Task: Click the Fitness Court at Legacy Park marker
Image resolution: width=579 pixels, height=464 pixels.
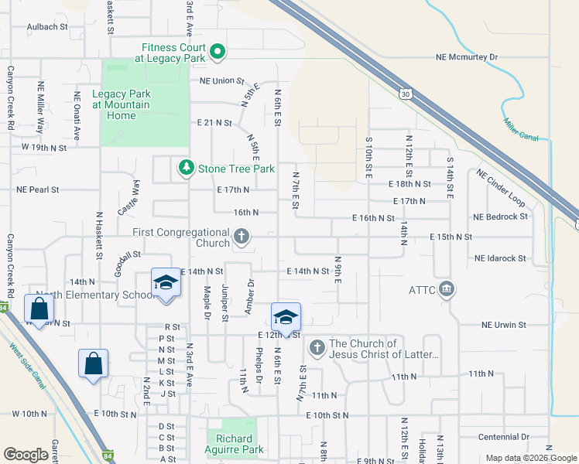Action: click(218, 53)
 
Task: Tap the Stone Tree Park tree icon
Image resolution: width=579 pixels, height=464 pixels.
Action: click(186, 168)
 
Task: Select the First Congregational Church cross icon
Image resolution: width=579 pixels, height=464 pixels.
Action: click(242, 237)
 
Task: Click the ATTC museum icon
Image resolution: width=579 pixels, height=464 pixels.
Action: click(446, 290)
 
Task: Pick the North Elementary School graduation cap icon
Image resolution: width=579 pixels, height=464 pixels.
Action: click(166, 283)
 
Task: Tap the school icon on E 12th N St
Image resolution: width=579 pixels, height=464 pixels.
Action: click(285, 317)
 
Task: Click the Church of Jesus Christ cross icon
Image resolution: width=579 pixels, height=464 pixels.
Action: click(317, 349)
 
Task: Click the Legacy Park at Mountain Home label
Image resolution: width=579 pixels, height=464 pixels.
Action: click(121, 105)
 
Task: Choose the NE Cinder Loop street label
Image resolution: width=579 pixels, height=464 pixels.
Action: click(500, 188)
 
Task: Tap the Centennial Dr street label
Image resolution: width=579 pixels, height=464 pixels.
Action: click(503, 437)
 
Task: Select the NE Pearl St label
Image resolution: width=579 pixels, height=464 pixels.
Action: click(38, 189)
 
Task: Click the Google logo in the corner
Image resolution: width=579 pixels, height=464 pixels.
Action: click(26, 455)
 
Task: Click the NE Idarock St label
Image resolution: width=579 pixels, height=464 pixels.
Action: click(500, 258)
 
